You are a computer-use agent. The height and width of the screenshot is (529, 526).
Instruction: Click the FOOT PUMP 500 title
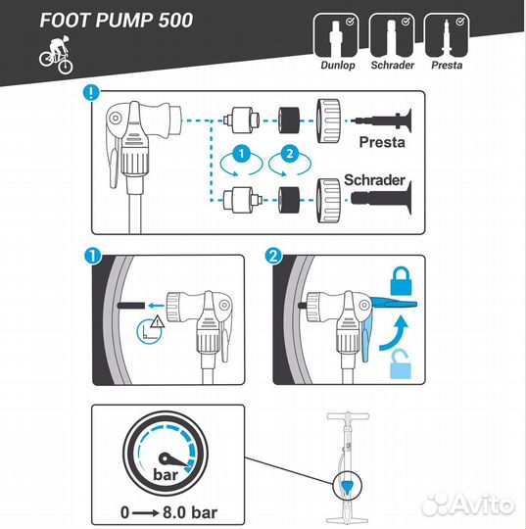coord(117,21)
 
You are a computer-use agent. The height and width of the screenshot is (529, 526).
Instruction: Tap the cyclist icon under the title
coord(56,55)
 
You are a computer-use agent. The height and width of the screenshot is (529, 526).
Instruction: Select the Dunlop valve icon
coord(335,36)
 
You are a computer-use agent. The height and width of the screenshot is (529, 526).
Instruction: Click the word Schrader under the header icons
coord(392,65)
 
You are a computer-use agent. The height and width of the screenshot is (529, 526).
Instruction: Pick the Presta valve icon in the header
coord(447,36)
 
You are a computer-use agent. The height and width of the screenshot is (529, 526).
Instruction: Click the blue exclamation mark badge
coord(91,92)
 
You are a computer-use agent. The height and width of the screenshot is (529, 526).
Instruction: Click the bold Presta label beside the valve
coord(382,142)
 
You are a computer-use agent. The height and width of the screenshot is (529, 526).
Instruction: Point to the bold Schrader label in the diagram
coord(374,180)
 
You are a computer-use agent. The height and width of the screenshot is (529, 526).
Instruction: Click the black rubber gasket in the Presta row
coord(289,120)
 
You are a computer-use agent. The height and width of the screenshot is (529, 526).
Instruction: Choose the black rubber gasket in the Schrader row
coord(289,200)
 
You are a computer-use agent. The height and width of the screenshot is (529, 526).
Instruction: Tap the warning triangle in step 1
coord(158,321)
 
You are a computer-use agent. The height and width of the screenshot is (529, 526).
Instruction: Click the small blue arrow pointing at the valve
coord(156,306)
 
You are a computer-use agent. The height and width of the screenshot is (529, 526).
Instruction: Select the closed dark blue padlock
coord(401,281)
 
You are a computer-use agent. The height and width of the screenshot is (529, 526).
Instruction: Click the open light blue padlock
coord(401,364)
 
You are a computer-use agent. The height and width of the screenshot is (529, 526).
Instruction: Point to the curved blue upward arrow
coord(394,333)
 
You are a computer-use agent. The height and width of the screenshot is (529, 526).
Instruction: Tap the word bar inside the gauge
coord(166,475)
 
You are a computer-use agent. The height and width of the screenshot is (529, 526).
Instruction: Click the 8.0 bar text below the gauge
coord(190,512)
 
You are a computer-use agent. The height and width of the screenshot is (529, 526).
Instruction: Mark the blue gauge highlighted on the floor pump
coord(347,487)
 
